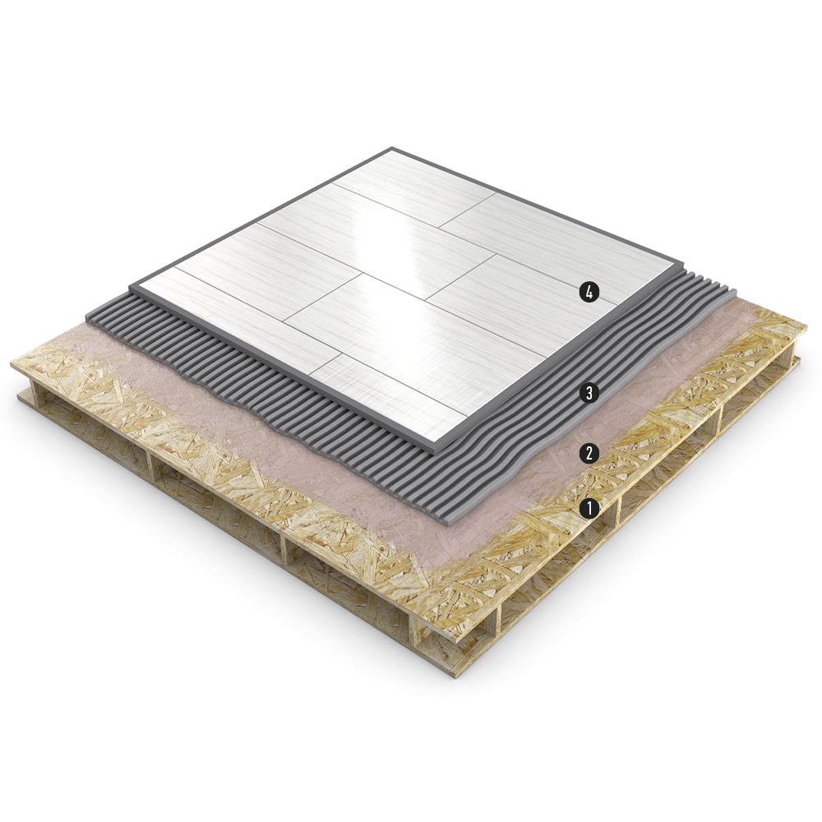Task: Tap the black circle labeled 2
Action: (589, 453)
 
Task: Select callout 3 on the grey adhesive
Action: (589, 392)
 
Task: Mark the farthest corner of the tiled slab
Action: (391, 147)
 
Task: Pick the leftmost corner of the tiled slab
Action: (130, 286)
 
